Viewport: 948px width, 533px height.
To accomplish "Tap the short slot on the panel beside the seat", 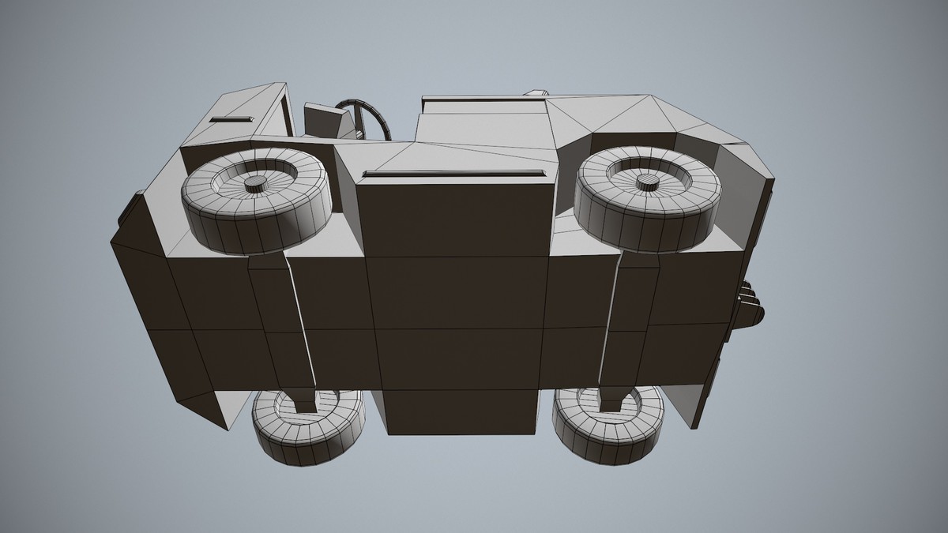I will pos(231,119).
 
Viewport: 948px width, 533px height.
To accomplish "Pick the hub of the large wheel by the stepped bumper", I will pos(648,183).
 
